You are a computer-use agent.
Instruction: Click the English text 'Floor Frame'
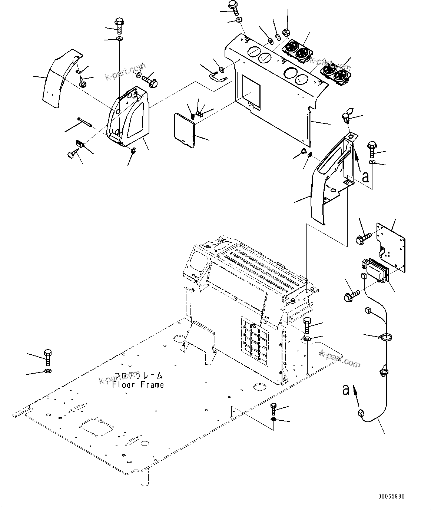138,385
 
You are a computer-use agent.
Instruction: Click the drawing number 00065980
391,496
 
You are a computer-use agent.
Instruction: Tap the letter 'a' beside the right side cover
365,177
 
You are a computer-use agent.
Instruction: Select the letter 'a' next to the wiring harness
346,390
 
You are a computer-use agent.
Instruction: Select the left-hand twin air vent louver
297,51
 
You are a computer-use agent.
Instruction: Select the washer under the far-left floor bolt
48,371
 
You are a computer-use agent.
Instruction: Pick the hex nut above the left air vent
286,33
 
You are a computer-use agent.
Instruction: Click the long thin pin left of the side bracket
84,122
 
